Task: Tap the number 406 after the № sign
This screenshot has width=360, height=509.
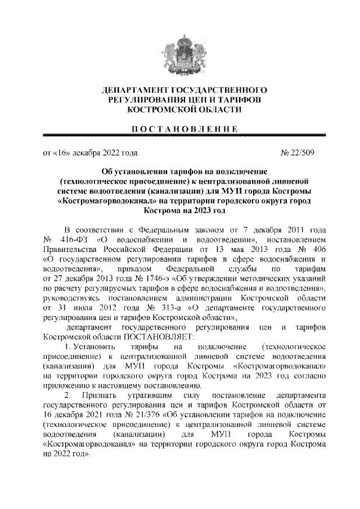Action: point(317,250)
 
